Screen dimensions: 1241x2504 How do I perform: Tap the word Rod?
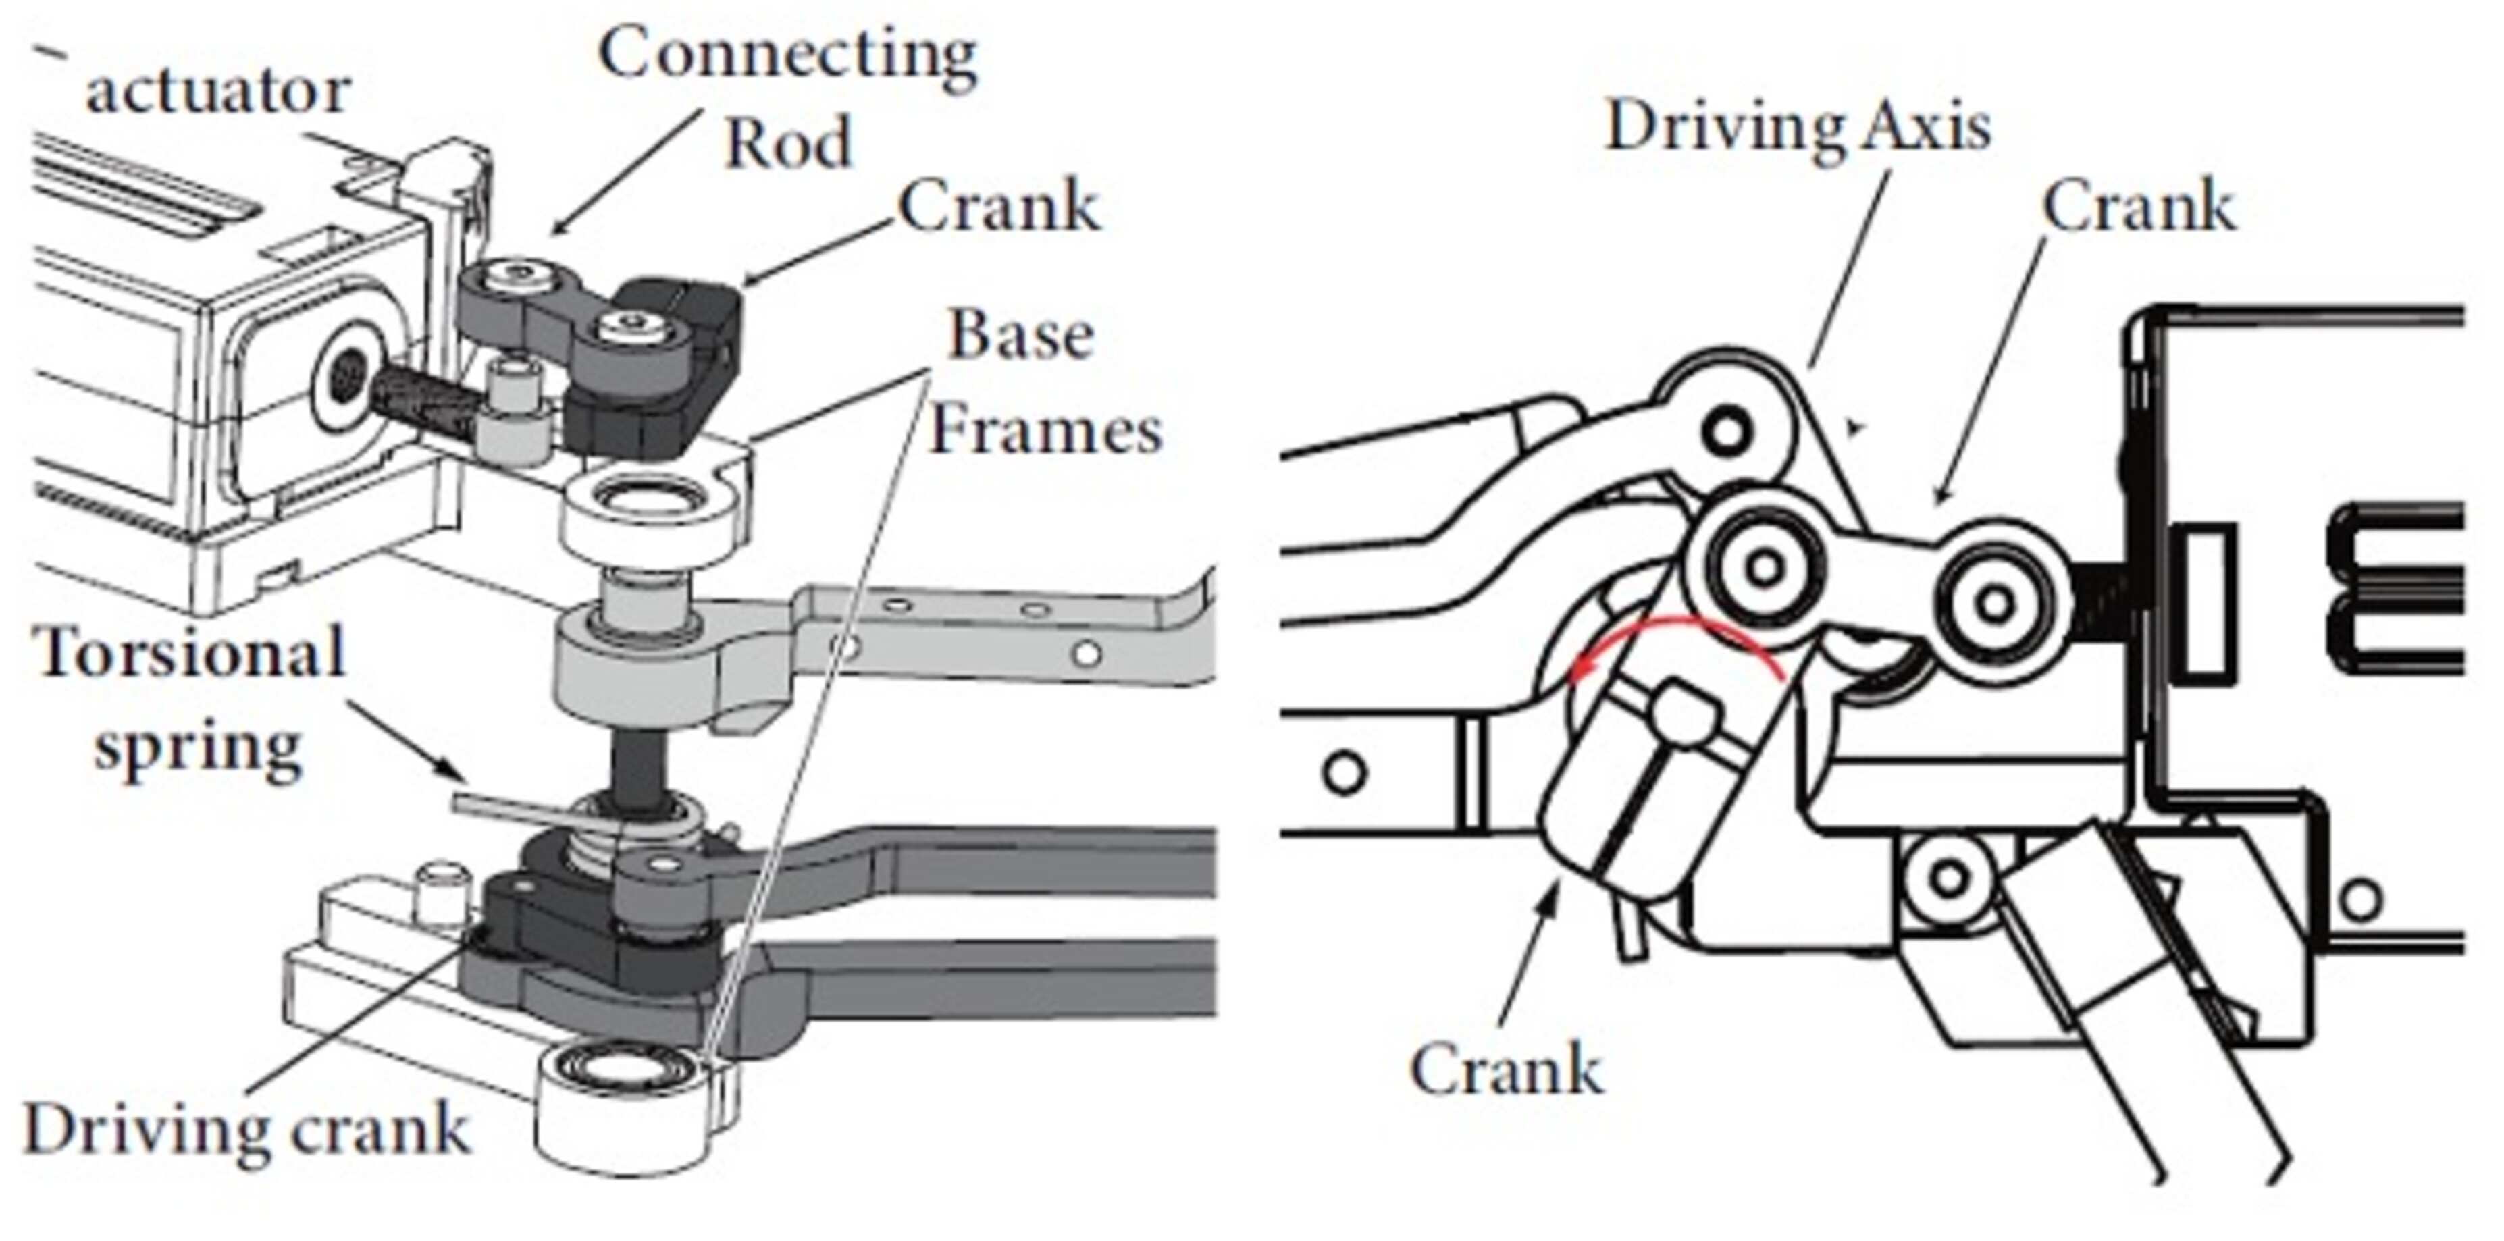point(787,143)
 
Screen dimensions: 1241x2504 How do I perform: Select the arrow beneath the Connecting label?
point(622,175)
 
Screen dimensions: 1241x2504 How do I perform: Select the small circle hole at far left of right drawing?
point(1345,772)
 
